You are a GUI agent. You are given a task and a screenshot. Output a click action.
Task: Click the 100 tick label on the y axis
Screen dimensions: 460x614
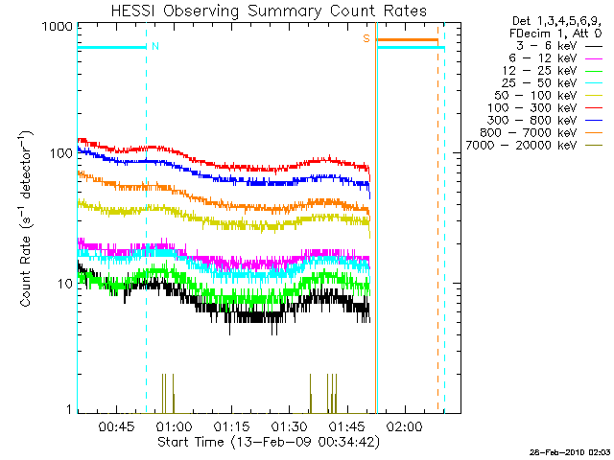point(60,153)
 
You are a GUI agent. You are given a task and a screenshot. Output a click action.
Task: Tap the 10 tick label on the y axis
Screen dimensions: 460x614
point(64,284)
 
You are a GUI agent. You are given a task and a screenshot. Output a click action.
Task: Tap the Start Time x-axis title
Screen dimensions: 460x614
point(269,443)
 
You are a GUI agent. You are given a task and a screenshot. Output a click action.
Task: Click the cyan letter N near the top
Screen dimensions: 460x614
point(155,45)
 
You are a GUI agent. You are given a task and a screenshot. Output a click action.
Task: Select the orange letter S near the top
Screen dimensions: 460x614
point(366,38)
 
